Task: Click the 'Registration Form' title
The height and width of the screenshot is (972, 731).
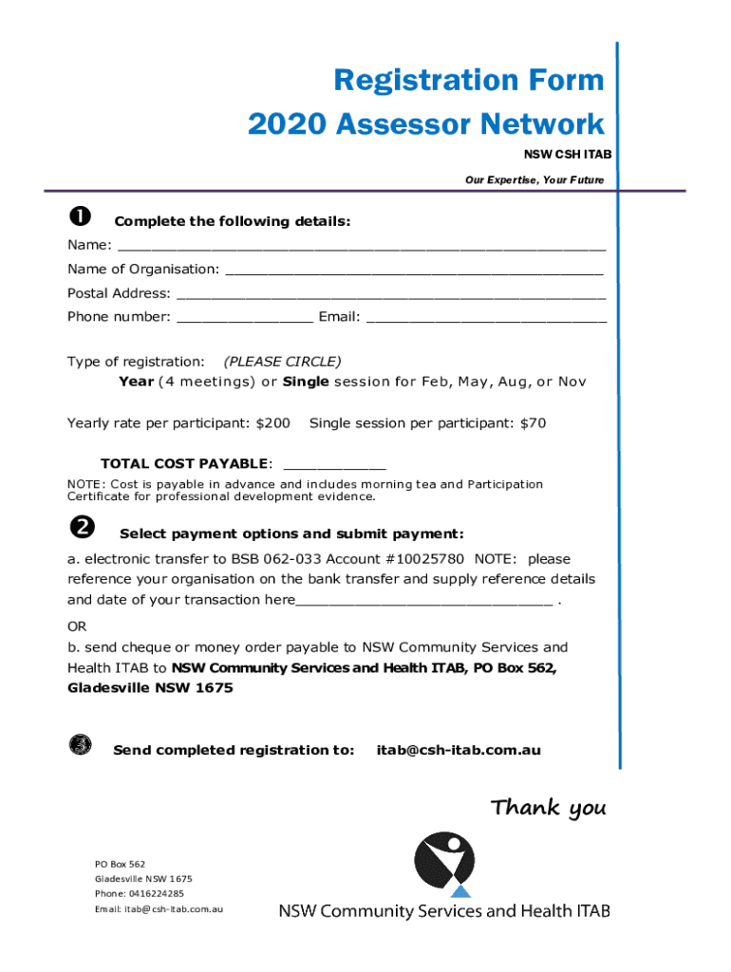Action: tap(468, 81)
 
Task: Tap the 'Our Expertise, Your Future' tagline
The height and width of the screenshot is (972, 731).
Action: tap(534, 180)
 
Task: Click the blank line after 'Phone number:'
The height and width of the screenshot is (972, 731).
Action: tap(244, 319)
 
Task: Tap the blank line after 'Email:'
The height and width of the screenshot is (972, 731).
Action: tap(486, 319)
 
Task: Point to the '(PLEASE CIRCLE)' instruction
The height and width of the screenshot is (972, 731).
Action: tap(282, 362)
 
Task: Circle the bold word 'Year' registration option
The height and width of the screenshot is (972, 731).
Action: tap(136, 382)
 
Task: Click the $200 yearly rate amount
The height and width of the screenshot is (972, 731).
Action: tap(273, 422)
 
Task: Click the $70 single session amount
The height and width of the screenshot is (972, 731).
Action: tap(533, 422)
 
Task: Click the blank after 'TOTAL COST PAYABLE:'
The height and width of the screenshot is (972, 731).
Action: tap(335, 465)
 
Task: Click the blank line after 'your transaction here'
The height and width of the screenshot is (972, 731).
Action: tap(424, 602)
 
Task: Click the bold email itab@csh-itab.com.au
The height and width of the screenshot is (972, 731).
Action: tap(459, 750)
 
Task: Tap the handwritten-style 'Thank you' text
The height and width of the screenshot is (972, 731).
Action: tap(548, 809)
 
